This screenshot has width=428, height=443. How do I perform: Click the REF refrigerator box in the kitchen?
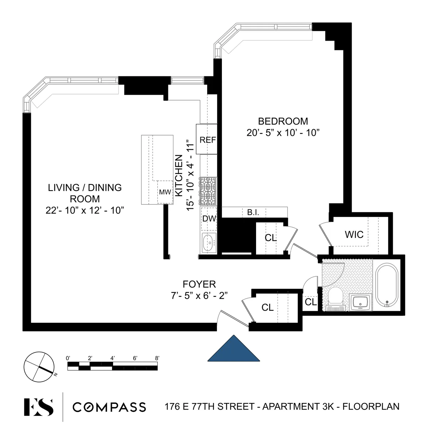point(207,139)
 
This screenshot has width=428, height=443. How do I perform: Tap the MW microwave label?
point(165,192)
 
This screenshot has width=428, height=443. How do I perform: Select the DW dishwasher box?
point(209,219)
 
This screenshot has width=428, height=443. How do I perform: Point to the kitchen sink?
point(208,243)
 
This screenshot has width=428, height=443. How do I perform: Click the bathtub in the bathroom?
point(388,285)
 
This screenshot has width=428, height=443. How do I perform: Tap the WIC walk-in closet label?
point(354,234)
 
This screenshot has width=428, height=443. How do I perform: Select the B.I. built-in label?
point(253,213)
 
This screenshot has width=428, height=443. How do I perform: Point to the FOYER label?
point(199,284)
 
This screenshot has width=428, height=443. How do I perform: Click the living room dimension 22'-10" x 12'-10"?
point(85,210)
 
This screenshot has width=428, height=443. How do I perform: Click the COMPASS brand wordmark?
point(109,407)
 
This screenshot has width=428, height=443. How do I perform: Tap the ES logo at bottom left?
point(39,407)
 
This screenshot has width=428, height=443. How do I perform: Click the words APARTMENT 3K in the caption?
point(299,406)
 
